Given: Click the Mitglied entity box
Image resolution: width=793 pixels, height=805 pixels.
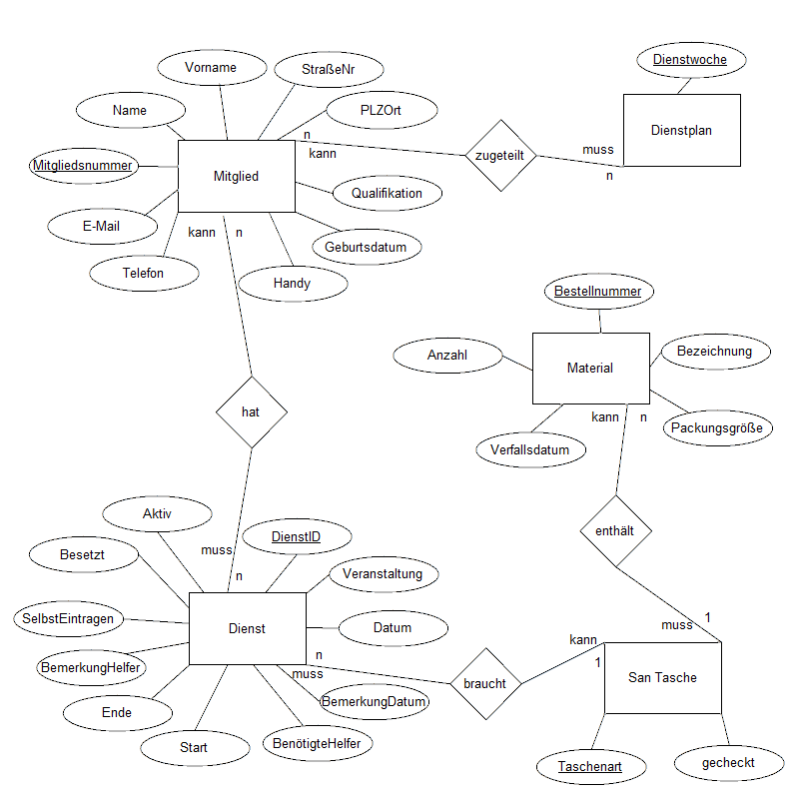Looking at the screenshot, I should pyautogui.click(x=236, y=177).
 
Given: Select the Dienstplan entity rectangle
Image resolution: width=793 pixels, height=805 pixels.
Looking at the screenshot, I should pyautogui.click(x=681, y=130).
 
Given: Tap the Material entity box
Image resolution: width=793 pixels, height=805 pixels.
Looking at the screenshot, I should pyautogui.click(x=590, y=369).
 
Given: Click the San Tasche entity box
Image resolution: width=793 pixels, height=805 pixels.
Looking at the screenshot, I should pyautogui.click(x=662, y=678).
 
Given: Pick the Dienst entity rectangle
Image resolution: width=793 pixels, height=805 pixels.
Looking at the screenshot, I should pyautogui.click(x=247, y=628).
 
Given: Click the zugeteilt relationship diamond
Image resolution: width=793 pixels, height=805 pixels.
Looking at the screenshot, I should pyautogui.click(x=500, y=156).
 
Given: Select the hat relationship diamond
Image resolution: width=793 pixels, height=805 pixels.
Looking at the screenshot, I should pyautogui.click(x=251, y=411).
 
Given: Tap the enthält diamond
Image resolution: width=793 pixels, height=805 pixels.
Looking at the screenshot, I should pyautogui.click(x=615, y=530).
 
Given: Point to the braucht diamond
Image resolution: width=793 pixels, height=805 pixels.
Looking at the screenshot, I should pyautogui.click(x=484, y=684).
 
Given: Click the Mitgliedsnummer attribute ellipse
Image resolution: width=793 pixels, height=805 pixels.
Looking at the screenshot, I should pyautogui.click(x=82, y=165).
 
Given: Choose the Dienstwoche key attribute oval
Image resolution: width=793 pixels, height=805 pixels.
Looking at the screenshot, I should pyautogui.click(x=690, y=60).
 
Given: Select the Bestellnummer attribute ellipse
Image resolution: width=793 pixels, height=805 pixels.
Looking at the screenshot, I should pyautogui.click(x=598, y=291).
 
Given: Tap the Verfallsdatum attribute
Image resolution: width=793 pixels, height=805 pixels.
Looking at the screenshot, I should pyautogui.click(x=529, y=449).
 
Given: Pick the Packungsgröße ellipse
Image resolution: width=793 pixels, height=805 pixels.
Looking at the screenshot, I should pyautogui.click(x=716, y=428).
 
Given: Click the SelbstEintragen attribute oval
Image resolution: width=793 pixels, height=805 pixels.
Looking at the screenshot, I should pyautogui.click(x=69, y=618).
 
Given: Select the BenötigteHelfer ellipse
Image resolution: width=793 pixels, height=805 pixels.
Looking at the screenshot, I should pyautogui.click(x=317, y=743).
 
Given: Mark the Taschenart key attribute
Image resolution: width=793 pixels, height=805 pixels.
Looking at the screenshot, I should pyautogui.click(x=589, y=767).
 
